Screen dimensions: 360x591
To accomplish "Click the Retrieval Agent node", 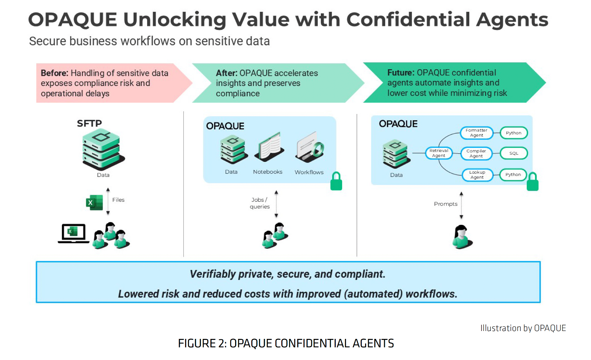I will (x=439, y=153).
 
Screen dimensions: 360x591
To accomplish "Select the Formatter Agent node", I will (x=477, y=133).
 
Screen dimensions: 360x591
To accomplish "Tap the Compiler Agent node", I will (x=476, y=153).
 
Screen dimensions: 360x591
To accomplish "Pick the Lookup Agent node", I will (x=477, y=175).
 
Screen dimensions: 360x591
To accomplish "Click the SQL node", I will (x=513, y=153).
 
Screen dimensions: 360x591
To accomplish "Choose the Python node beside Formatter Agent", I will (x=513, y=133).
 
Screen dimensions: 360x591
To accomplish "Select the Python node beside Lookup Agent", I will (x=513, y=174).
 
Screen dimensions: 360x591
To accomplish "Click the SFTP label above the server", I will (x=89, y=123).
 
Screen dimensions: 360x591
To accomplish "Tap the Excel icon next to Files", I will (x=94, y=202).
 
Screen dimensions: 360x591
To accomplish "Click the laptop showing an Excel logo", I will (x=73, y=233).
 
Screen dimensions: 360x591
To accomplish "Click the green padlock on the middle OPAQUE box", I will (x=336, y=181).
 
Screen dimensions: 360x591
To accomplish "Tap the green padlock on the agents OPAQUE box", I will (x=532, y=182).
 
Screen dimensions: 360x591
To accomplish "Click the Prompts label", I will (x=446, y=204).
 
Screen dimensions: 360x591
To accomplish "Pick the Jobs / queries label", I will (x=260, y=203).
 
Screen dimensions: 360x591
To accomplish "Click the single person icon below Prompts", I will (x=462, y=236).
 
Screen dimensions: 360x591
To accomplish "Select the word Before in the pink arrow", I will (x=54, y=73).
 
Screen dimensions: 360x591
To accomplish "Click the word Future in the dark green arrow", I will (x=400, y=73).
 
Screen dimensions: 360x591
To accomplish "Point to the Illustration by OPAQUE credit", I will (x=523, y=328).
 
